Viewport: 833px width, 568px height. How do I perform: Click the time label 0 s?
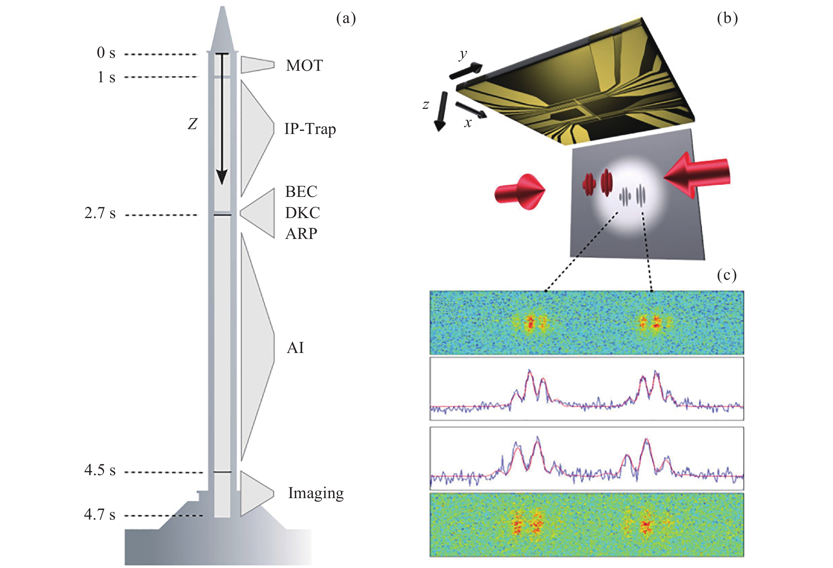106,53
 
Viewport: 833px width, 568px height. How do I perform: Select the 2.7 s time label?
100,213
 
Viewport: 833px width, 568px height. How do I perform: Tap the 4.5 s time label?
100,470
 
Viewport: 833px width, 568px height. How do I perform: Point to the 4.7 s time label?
100,514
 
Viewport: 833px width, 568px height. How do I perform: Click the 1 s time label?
106,77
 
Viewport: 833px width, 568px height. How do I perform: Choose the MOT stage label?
304,66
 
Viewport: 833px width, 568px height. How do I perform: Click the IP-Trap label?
310,129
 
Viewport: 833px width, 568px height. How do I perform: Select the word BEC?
301,192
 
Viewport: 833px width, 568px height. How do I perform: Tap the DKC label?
303,213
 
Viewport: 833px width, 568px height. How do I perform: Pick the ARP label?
301,234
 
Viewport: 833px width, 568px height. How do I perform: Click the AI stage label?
295,348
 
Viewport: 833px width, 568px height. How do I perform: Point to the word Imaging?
316,493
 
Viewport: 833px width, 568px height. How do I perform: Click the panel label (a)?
346,18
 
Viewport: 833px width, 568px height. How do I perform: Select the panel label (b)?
727,18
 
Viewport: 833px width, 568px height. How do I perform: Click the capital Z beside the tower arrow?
193,124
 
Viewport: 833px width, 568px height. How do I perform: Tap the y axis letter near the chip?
463,54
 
